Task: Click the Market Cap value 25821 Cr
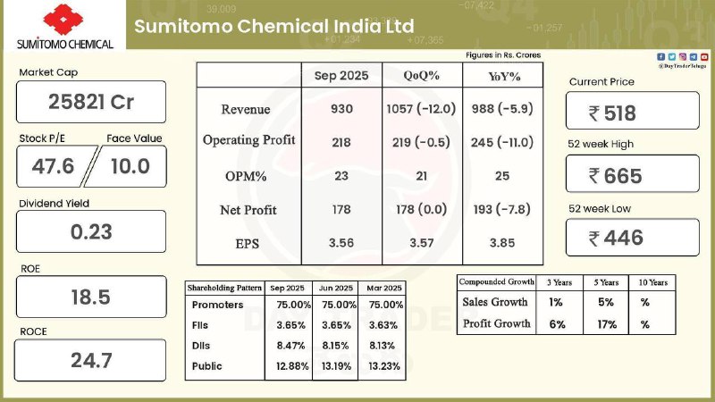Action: (90, 102)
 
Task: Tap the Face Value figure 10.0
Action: (130, 165)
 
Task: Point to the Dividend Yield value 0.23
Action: (90, 231)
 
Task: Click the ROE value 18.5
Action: (90, 297)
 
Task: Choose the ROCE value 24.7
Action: (90, 361)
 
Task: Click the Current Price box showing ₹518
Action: (632, 113)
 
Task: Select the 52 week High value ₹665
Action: (632, 175)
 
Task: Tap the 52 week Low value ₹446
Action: (632, 238)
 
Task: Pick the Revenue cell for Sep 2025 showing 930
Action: (341, 109)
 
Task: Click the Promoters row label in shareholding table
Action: (219, 306)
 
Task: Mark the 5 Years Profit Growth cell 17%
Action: (607, 324)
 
